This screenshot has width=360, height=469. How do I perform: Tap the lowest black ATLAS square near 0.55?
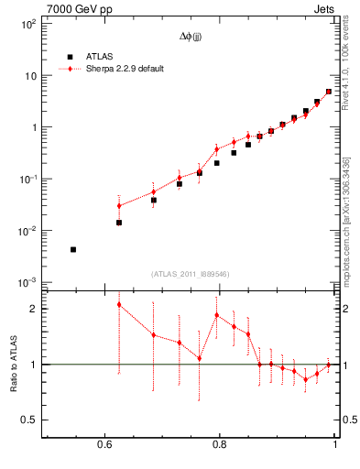pos(73,249)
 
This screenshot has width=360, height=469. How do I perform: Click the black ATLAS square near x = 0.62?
pos(118,223)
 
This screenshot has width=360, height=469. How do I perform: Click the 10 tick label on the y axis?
pos(30,76)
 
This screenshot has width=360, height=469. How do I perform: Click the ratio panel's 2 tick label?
pos(34,309)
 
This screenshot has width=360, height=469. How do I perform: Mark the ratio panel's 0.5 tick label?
pos(30,420)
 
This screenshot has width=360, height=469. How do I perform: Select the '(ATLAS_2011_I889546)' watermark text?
pos(191,273)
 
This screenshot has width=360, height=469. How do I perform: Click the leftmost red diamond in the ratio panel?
pos(118,304)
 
